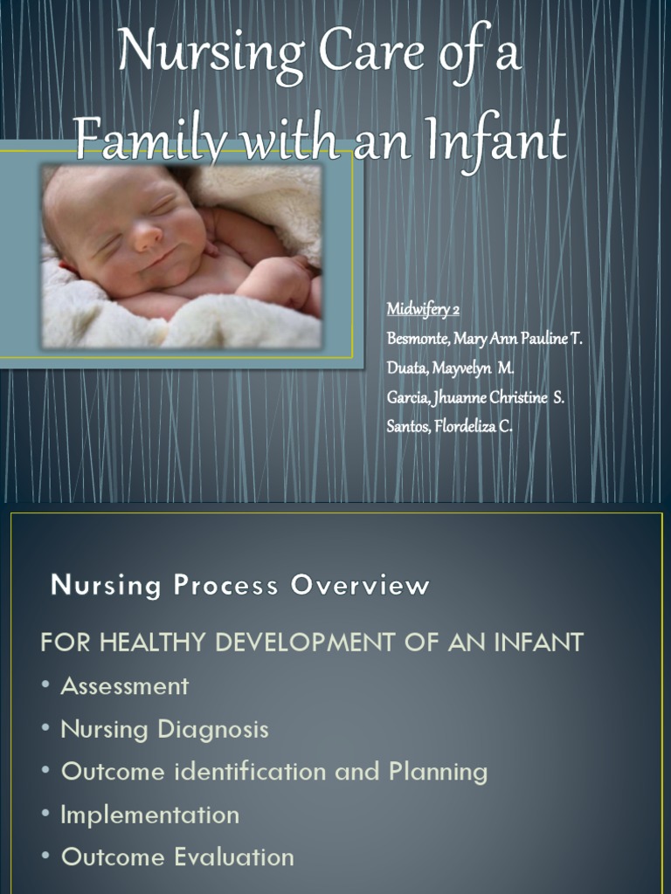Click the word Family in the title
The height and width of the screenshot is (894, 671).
(x=136, y=140)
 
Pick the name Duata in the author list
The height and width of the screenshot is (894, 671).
(x=405, y=368)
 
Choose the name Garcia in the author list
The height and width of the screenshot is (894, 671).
(x=406, y=398)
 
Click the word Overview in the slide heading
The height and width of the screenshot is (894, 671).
(x=360, y=586)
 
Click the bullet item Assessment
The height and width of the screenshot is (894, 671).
(x=124, y=686)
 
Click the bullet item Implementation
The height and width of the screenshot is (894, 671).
(x=149, y=815)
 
